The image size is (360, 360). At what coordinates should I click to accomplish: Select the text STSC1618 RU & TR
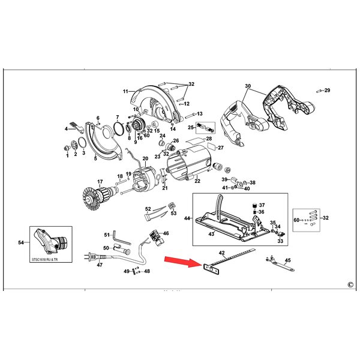click(x=50, y=258)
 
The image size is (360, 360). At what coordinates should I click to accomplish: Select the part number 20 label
click(x=145, y=158)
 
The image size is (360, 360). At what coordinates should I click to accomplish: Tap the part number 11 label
click(x=126, y=91)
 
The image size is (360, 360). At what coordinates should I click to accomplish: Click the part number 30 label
click(x=248, y=86)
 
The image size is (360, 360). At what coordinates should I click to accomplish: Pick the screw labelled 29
click(x=319, y=91)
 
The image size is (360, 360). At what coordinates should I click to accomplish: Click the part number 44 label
click(x=187, y=218)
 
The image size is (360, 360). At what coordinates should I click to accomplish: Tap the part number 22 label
click(x=197, y=180)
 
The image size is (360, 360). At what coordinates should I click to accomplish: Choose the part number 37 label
click(x=261, y=205)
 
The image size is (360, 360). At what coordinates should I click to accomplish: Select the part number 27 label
click(x=220, y=148)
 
